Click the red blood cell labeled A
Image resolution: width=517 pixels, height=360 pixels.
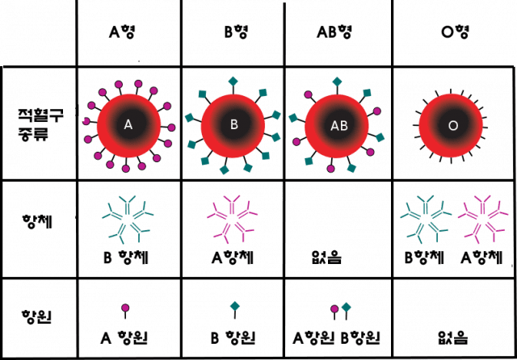point(128,124)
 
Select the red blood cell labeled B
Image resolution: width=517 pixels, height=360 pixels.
point(233,124)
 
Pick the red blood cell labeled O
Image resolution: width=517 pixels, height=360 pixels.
point(452,126)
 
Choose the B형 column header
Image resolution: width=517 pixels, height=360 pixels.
point(233,33)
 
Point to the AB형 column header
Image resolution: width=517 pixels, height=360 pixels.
point(338,33)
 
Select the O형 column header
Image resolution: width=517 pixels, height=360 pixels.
point(452,33)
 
